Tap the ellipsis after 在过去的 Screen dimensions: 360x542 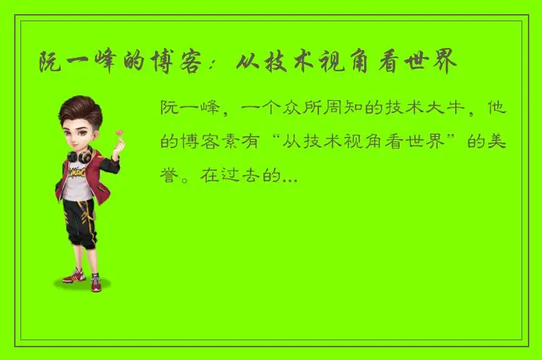[x=289, y=179]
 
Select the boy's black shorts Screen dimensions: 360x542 [x=78, y=219]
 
